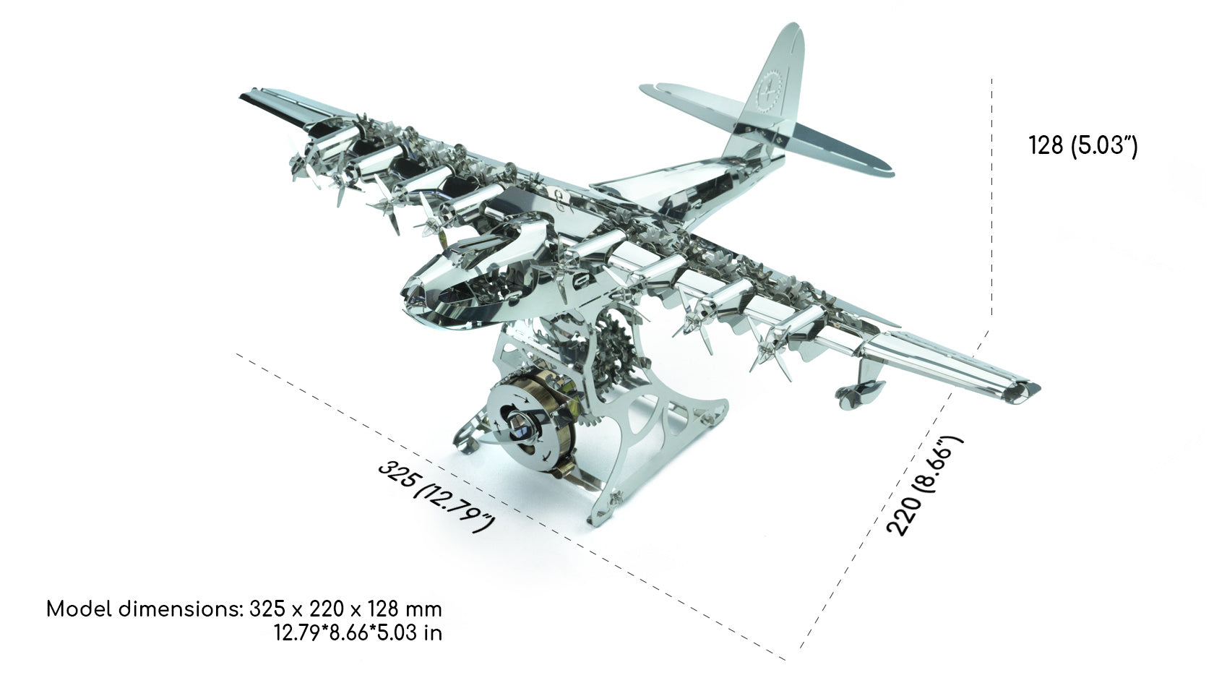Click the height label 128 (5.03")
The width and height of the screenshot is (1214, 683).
pyautogui.click(x=1082, y=146)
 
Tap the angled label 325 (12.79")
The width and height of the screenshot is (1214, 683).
pyautogui.click(x=436, y=496)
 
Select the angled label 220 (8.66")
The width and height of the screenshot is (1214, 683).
pyautogui.click(x=925, y=485)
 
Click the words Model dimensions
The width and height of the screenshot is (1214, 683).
pyautogui.click(x=143, y=609)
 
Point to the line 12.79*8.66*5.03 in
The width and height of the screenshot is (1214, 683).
pyautogui.click(x=358, y=633)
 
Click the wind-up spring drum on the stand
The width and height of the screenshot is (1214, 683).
pyautogui.click(x=528, y=423)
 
